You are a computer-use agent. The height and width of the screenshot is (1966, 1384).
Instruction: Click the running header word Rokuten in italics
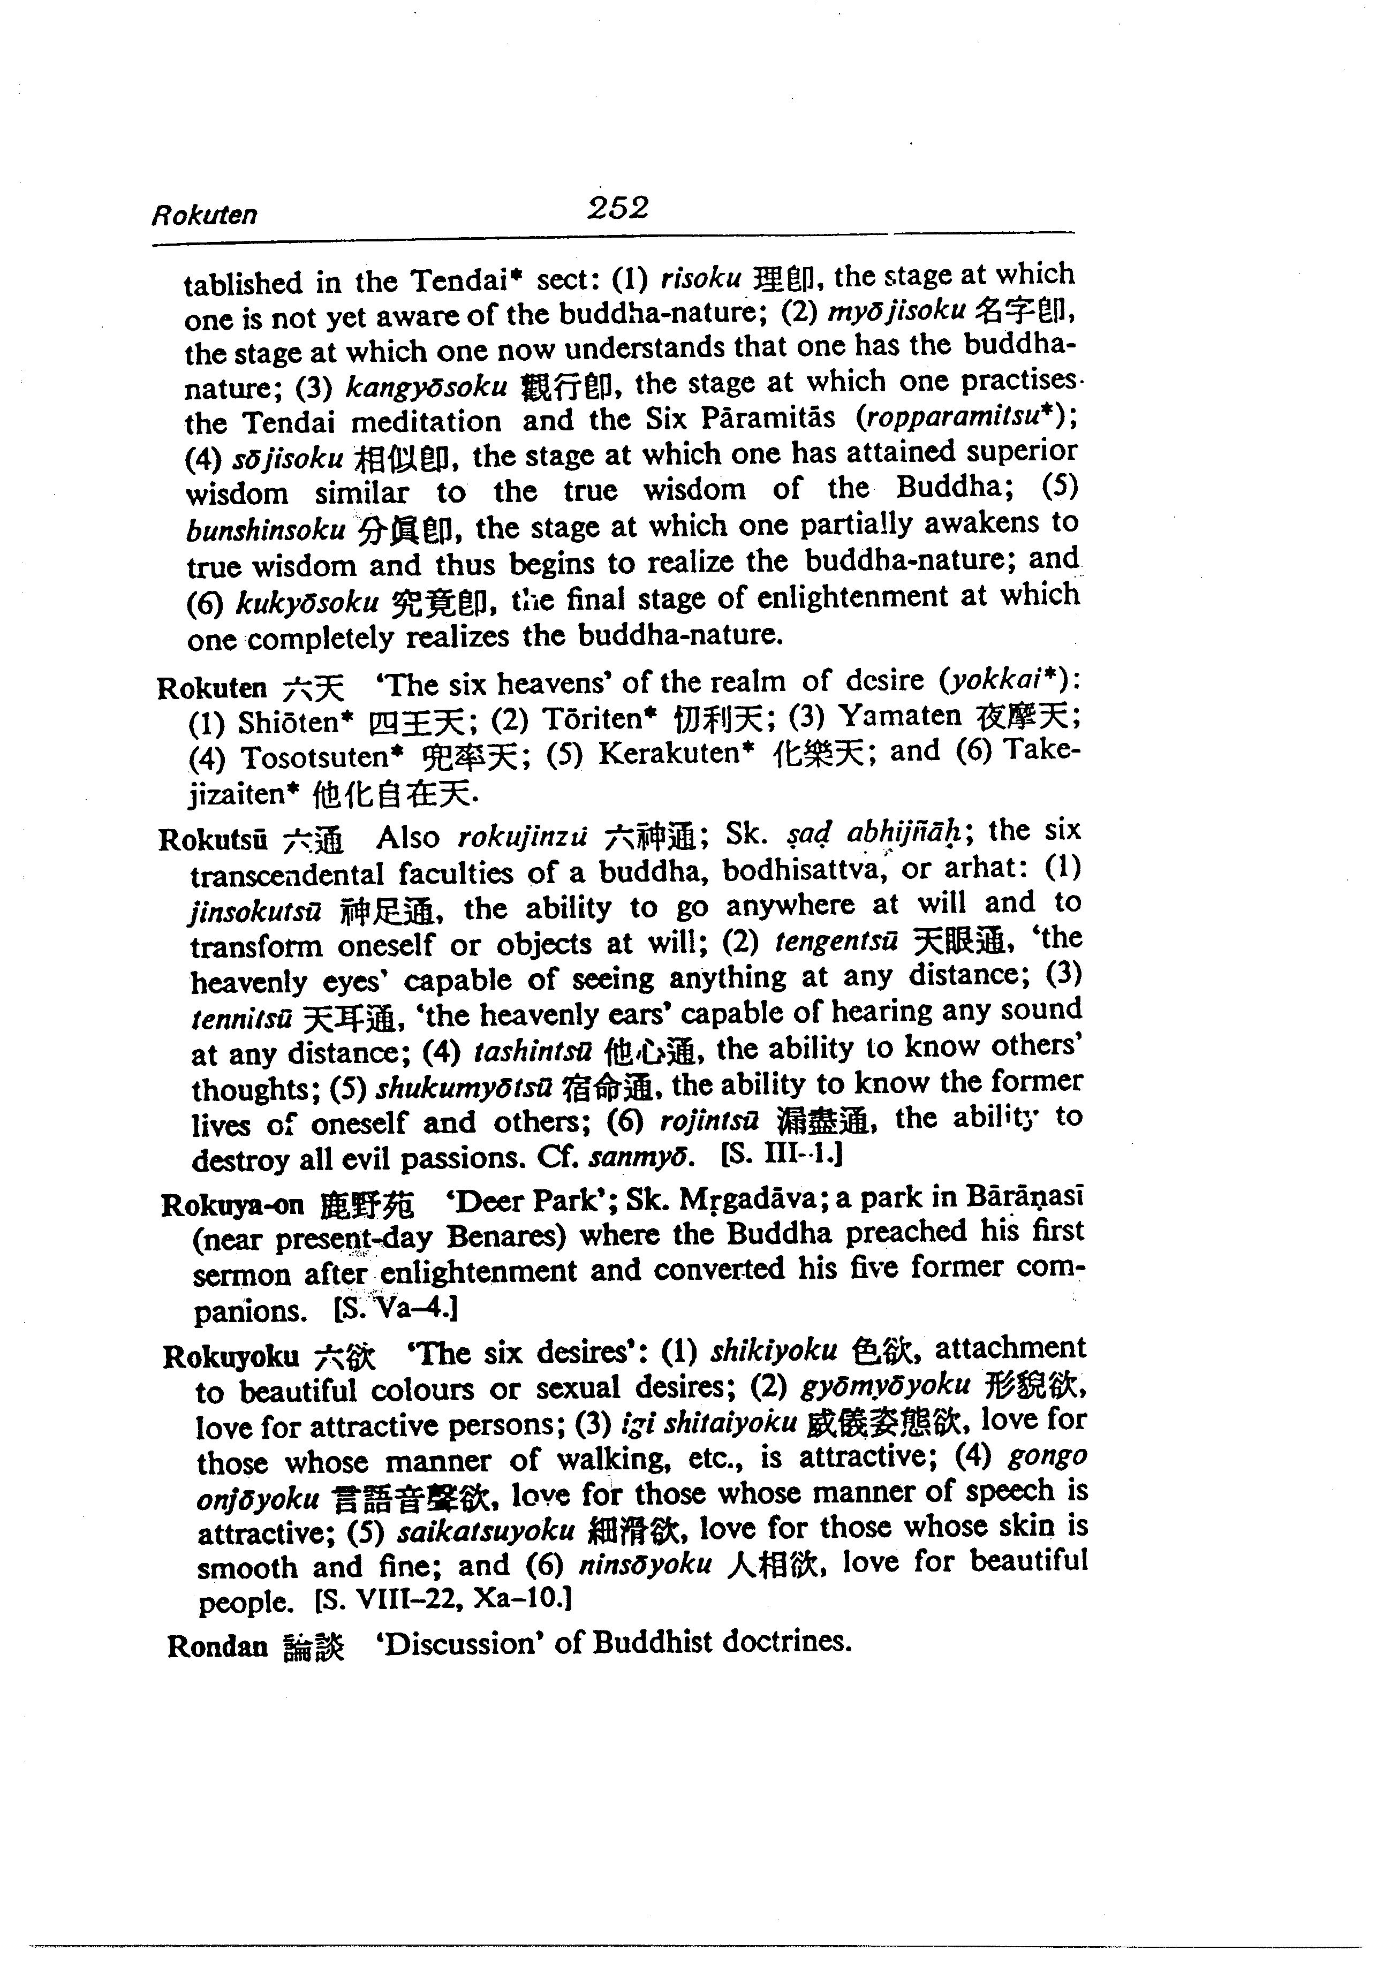[x=204, y=214]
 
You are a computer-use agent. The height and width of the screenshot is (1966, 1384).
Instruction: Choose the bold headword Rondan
[x=217, y=1646]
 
